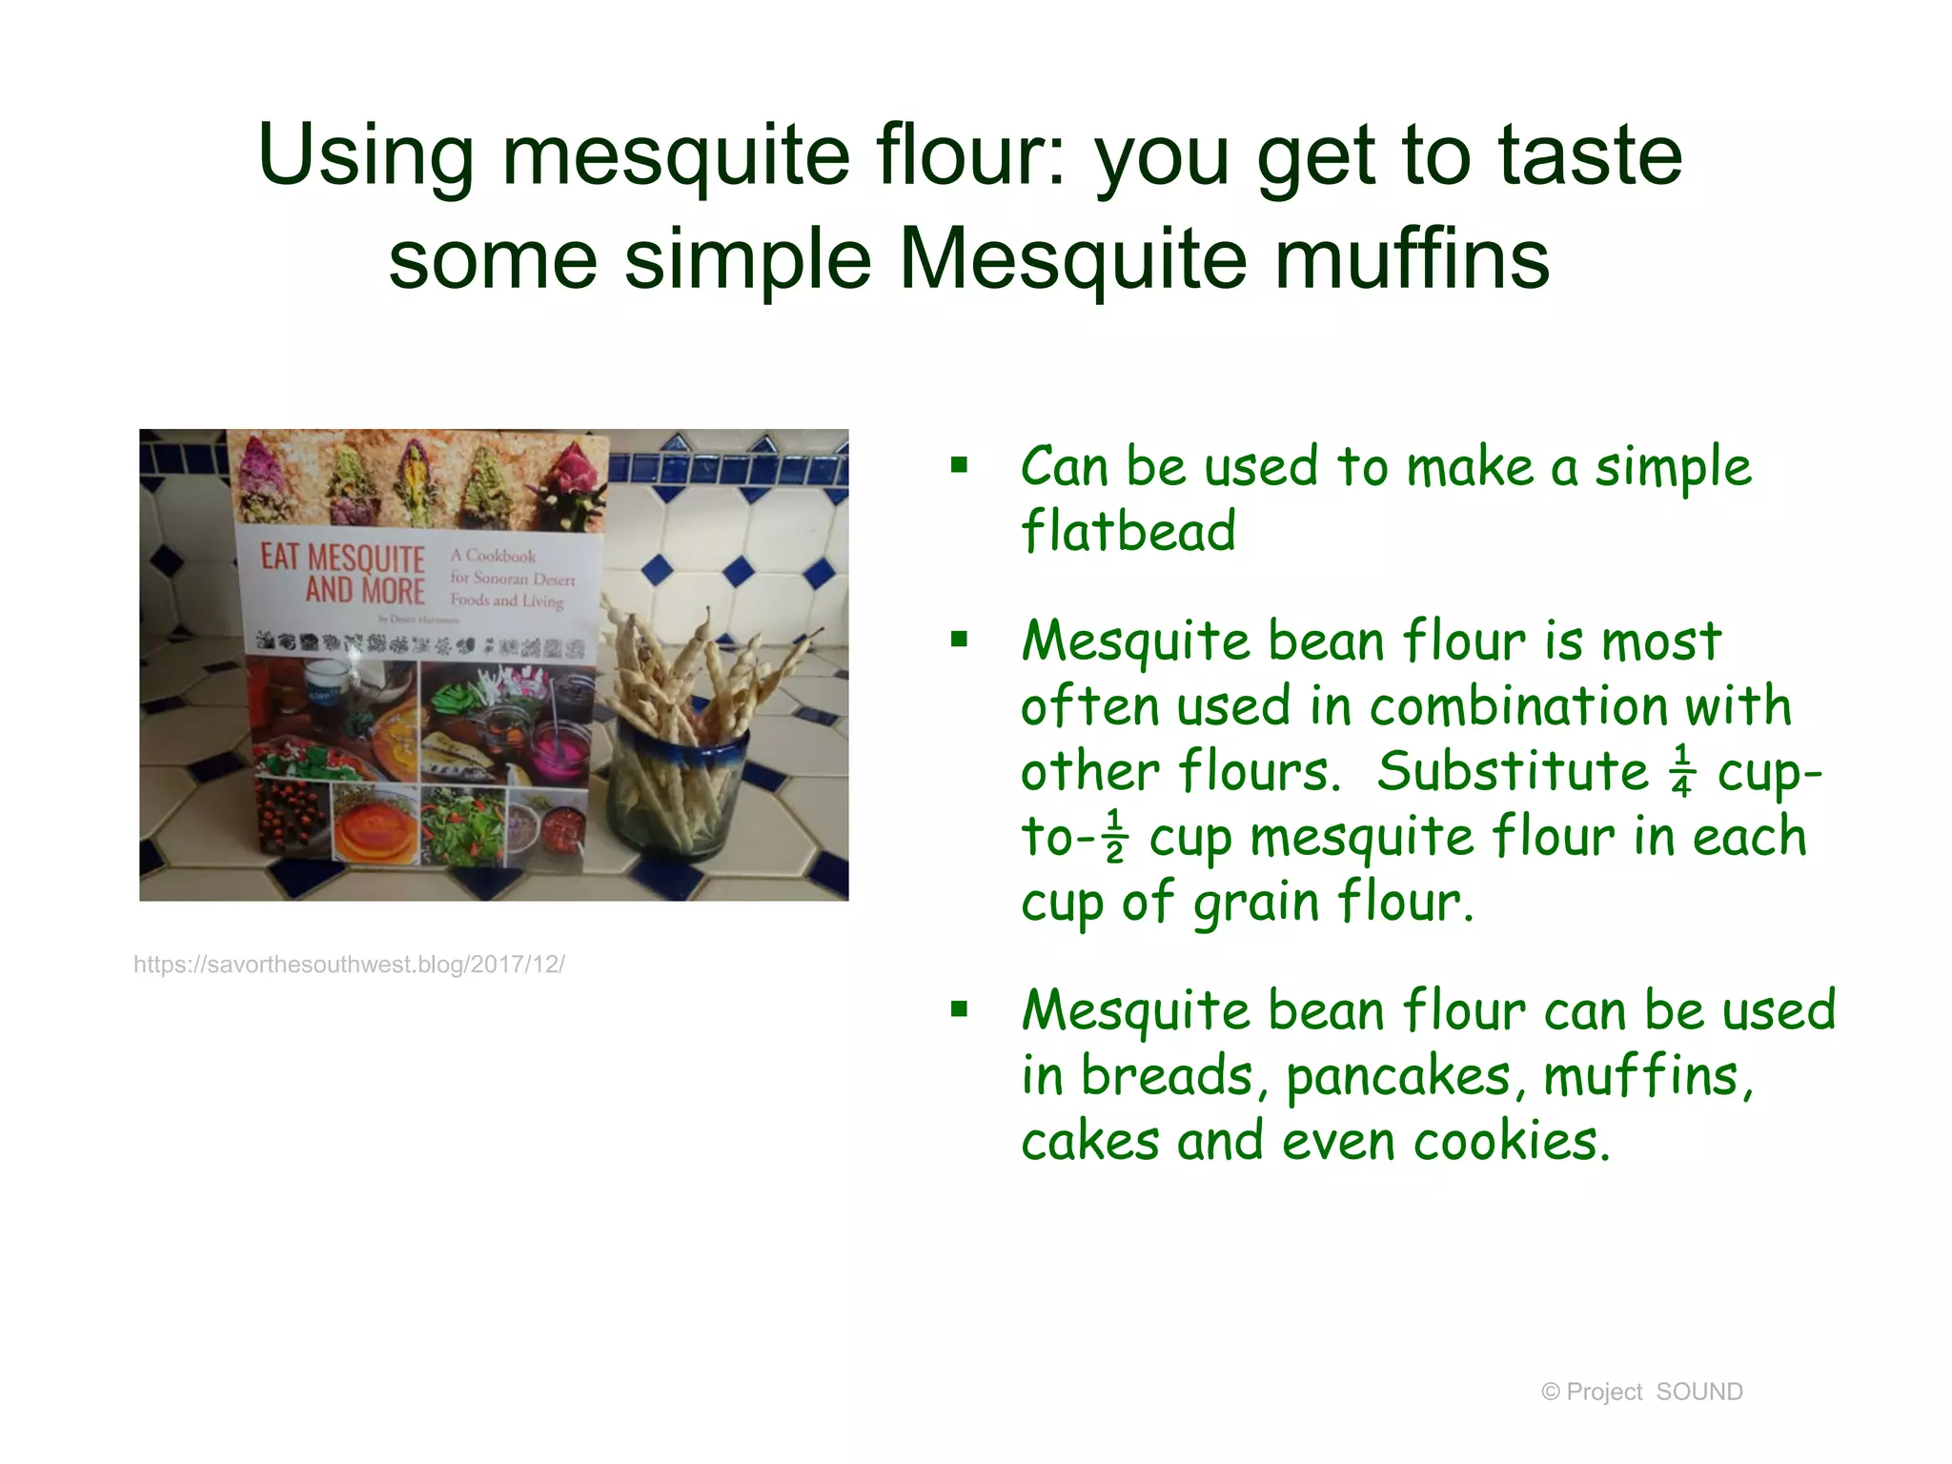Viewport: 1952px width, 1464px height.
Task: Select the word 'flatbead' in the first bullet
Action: [1128, 531]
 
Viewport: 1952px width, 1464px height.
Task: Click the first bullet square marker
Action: [959, 465]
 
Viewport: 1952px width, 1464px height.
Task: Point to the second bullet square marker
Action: [959, 639]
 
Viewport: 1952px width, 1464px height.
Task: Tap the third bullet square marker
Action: [959, 1008]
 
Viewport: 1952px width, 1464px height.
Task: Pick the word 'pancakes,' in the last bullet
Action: [1398, 1077]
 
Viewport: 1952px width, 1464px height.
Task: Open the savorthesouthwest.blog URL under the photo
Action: [349, 965]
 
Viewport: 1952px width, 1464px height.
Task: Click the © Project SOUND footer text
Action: [1641, 1392]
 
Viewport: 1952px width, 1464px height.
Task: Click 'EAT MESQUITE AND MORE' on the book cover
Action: [343, 574]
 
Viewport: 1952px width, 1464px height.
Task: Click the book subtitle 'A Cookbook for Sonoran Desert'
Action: [513, 567]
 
